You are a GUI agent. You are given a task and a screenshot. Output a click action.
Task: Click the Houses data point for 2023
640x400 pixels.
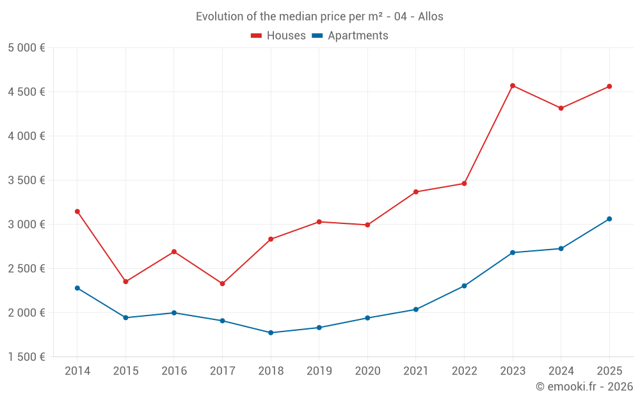pyautogui.click(x=513, y=86)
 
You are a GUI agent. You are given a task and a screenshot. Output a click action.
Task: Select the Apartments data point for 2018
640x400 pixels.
pyautogui.click(x=271, y=333)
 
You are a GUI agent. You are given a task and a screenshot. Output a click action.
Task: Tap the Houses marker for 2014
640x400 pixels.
pyautogui.click(x=77, y=211)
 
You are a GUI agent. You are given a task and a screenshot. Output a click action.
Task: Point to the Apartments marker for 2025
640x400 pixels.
pyautogui.click(x=609, y=219)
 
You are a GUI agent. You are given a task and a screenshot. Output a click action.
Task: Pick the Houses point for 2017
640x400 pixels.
pyautogui.click(x=222, y=284)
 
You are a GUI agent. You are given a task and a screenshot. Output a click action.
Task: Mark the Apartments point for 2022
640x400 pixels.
pyautogui.click(x=464, y=286)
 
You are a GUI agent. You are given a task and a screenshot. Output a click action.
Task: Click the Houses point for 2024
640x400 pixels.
pyautogui.click(x=561, y=108)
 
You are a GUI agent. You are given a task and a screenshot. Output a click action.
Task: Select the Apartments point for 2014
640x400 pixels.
pyautogui.click(x=77, y=288)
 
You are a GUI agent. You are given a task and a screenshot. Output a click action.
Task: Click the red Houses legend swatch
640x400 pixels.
pyautogui.click(x=257, y=36)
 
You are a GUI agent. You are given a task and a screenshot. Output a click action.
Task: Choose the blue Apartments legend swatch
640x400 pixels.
pyautogui.click(x=317, y=36)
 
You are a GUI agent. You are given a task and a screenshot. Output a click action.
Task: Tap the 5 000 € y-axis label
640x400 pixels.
pyautogui.click(x=26, y=48)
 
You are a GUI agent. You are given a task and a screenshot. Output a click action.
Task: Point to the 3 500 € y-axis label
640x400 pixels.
pyautogui.click(x=26, y=180)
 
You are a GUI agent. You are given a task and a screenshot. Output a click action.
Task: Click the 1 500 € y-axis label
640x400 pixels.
pyautogui.click(x=26, y=357)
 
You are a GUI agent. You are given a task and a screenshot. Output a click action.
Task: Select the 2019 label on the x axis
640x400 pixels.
pyautogui.click(x=319, y=371)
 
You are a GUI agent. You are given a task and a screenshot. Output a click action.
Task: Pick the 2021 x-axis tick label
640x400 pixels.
pyautogui.click(x=416, y=371)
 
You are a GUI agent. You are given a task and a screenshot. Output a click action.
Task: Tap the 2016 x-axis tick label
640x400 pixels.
pyautogui.click(x=174, y=371)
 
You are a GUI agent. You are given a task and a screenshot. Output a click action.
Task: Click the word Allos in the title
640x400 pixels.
pyautogui.click(x=431, y=17)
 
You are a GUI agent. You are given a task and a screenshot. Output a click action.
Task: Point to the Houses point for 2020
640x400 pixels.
pyautogui.click(x=367, y=225)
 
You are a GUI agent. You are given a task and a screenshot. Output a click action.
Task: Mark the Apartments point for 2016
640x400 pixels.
pyautogui.click(x=174, y=313)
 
